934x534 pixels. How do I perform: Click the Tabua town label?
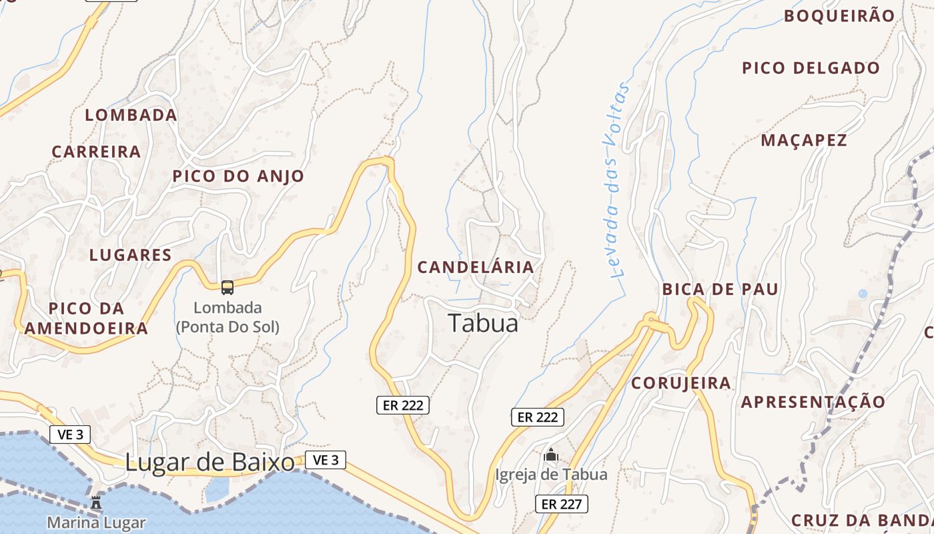pos(483,323)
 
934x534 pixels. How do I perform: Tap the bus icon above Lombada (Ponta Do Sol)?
pos(227,288)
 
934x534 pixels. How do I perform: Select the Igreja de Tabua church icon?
pos(551,456)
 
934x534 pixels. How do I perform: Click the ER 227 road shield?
pos(561,504)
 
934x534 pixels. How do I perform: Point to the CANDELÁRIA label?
pos(476,268)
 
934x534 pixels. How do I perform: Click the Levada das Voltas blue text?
pos(618,180)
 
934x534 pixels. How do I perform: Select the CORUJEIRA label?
pos(680,383)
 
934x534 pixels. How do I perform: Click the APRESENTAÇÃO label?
pos(813,402)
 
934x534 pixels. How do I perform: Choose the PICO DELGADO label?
pos(811,68)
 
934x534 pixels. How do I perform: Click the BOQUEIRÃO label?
pos(839,16)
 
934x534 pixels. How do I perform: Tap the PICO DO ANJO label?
pos(238,176)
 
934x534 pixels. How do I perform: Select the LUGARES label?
pos(130,255)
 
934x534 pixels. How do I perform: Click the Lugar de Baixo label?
pos(209,462)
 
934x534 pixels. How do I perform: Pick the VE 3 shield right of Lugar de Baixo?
pos(326,459)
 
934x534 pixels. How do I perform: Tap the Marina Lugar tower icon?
pos(96,502)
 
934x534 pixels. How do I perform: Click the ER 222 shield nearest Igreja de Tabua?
pos(537,417)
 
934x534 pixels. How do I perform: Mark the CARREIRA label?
pos(96,152)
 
